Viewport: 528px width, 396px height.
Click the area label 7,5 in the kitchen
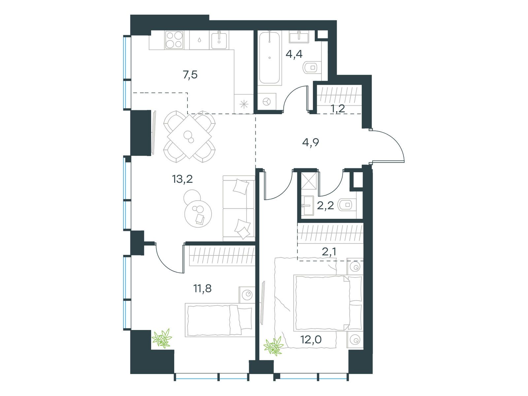tap(190, 75)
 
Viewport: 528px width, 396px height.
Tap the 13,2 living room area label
tap(182, 179)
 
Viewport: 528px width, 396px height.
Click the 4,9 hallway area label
tap(311, 143)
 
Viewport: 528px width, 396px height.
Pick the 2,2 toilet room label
tap(325, 206)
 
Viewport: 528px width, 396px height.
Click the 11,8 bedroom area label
tap(202, 289)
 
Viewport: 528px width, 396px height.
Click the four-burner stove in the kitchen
tap(174, 40)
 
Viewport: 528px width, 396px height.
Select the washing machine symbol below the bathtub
tap(266, 101)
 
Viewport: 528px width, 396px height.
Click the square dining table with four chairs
tap(189, 136)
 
